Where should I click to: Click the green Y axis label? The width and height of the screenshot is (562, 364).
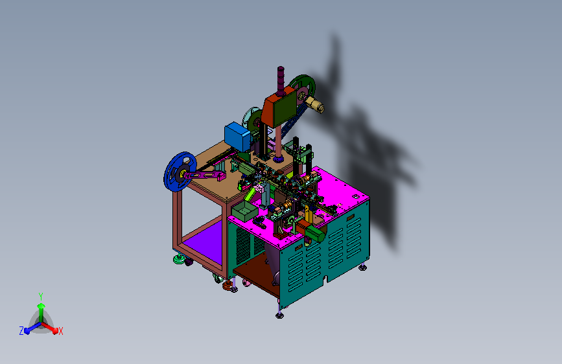(x=41, y=296)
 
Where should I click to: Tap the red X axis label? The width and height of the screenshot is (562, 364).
(x=60, y=331)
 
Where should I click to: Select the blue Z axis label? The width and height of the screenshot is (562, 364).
(x=21, y=331)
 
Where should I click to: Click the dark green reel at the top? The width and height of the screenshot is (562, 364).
(x=303, y=88)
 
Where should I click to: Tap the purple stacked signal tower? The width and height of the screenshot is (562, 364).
(x=281, y=81)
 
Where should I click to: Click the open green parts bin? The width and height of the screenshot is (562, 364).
(x=245, y=211)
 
